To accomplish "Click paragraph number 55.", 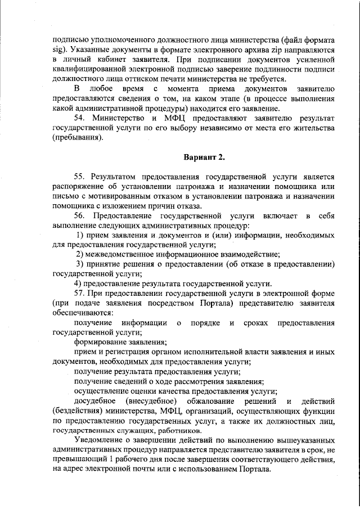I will click(x=80, y=177).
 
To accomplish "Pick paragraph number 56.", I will click(x=80, y=215).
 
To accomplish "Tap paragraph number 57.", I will click(x=80, y=293).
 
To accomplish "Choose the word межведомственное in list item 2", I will click(x=120, y=254).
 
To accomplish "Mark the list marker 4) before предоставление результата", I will click(x=78, y=283).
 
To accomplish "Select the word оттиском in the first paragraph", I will click(x=146, y=79).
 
